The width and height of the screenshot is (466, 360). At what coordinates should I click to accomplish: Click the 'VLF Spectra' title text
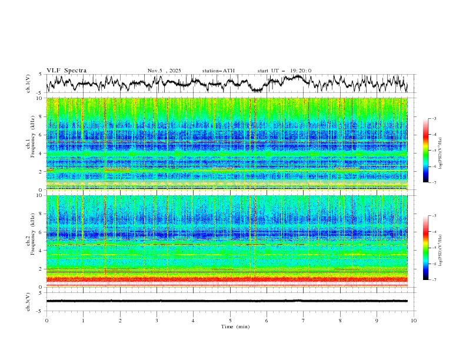pyautogui.click(x=66, y=71)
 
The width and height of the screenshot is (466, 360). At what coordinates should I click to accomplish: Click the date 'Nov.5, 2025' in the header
pyautogui.click(x=164, y=71)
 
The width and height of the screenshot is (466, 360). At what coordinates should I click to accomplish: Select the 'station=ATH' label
pyautogui.click(x=218, y=71)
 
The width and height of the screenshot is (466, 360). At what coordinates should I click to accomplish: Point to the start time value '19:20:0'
pyautogui.click(x=301, y=71)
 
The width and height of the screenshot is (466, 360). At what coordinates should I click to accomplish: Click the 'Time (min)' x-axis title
pyautogui.click(x=230, y=326)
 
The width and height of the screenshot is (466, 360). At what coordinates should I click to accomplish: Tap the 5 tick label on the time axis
pyautogui.click(x=230, y=320)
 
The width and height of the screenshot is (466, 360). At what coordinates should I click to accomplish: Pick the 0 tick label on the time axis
pyautogui.click(x=46, y=320)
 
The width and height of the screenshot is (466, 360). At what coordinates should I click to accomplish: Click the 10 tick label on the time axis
pyautogui.click(x=414, y=320)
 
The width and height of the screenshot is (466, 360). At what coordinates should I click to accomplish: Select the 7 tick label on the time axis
pyautogui.click(x=304, y=320)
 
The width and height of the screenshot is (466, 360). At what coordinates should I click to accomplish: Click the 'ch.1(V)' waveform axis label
pyautogui.click(x=28, y=84)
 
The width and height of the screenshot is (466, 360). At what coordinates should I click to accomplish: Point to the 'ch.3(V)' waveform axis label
pyautogui.click(x=28, y=301)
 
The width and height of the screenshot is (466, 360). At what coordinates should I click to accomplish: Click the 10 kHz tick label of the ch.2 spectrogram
pyautogui.click(x=40, y=195)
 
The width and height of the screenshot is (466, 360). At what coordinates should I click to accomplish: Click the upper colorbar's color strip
pyautogui.click(x=425, y=151)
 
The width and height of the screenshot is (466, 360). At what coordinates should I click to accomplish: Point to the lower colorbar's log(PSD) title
pyautogui.click(x=441, y=248)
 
